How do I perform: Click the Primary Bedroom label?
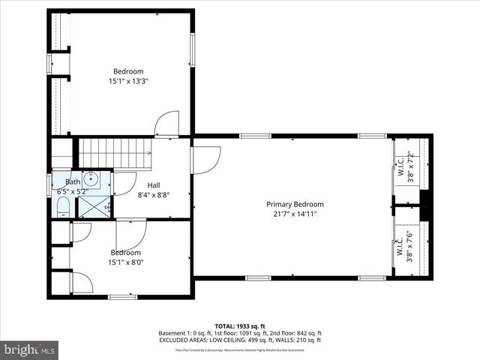click(x=295, y=204)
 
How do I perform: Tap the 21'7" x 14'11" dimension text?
click(x=295, y=214)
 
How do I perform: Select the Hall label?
click(x=154, y=185)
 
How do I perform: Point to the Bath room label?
click(x=73, y=181)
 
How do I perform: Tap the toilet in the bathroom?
click(x=63, y=206)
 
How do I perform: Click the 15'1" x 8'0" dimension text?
click(x=126, y=262)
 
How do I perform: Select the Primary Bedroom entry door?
click(x=205, y=158)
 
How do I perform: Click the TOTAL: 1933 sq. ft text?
click(x=240, y=325)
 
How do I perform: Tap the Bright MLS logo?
click(x=30, y=349)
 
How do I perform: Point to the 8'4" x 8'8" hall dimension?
click(x=154, y=194)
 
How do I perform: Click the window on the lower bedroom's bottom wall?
click(x=122, y=297)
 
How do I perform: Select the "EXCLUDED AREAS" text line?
click(x=240, y=340)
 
